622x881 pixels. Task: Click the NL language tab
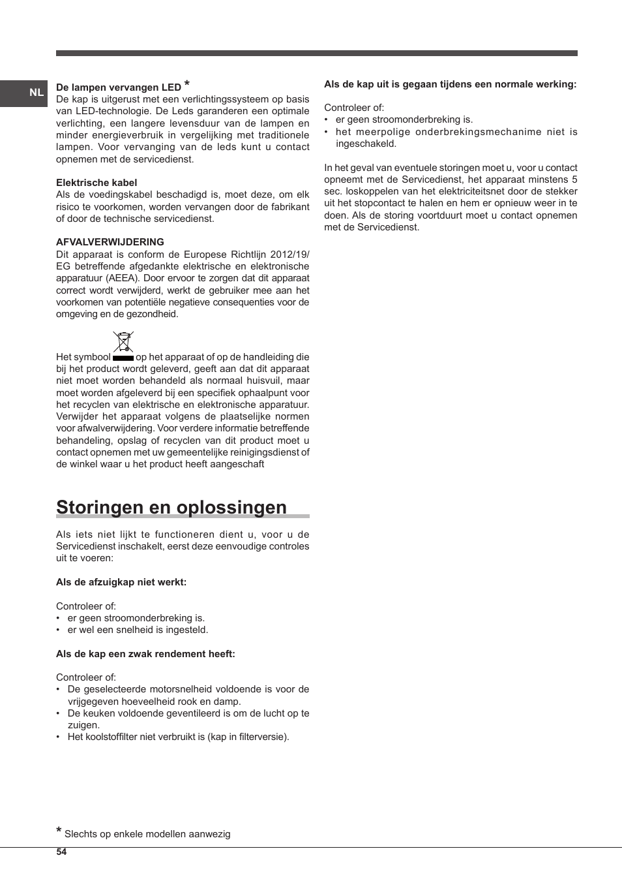(36, 93)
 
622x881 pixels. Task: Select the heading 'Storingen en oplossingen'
(171, 507)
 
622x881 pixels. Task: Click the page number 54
(61, 852)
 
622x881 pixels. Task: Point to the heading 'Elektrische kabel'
(96, 183)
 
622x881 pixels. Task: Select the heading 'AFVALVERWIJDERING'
(110, 241)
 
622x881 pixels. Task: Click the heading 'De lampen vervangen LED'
(118, 87)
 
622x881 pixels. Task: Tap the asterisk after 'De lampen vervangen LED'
(187, 84)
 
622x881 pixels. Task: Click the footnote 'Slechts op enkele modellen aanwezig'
(147, 834)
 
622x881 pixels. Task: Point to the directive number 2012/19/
(289, 255)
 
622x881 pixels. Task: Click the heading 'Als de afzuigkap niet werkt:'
(121, 582)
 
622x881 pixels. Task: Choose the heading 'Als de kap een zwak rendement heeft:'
(145, 654)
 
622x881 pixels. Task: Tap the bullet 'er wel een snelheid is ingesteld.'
(138, 630)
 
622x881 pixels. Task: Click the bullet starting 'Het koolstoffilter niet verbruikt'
(178, 737)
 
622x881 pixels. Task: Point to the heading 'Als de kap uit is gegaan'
(450, 84)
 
